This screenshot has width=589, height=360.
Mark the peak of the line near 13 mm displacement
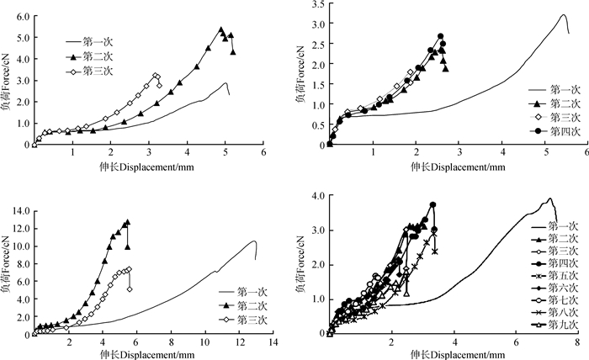pos(254,218)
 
